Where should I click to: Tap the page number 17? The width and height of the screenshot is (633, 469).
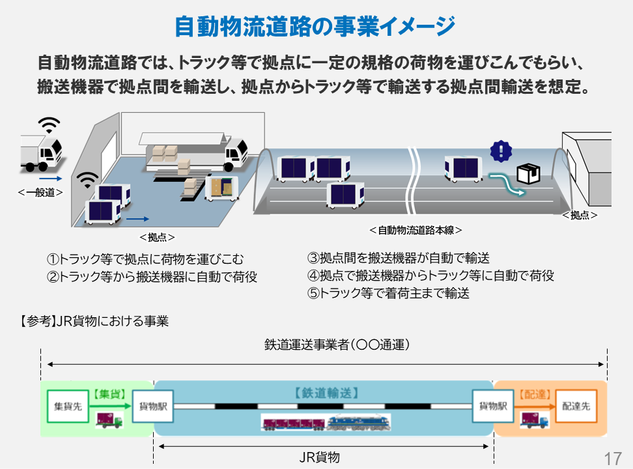613,457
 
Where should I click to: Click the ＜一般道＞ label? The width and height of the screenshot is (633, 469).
40,192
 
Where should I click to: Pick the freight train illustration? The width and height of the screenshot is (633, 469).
326,423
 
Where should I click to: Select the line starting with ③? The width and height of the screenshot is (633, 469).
398,258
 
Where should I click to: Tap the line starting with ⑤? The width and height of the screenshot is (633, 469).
388,293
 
